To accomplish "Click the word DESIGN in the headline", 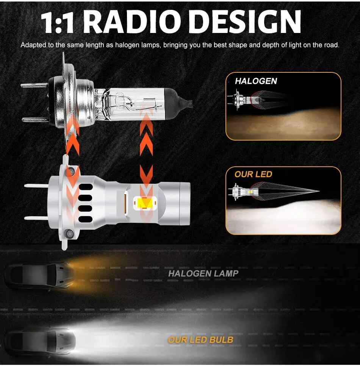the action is coord(244,22).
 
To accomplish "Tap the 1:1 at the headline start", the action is coord(58,22).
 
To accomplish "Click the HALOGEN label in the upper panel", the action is coord(256,81).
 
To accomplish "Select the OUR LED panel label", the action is coord(253,174).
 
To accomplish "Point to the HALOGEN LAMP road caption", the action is coord(203,273).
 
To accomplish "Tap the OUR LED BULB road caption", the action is coord(200,339).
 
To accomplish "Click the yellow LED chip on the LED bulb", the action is coord(144,203).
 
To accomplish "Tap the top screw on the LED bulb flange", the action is coord(71,170).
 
